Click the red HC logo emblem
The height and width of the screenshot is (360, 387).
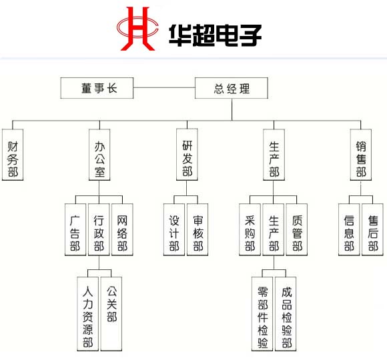pyautogui.click(x=137, y=29)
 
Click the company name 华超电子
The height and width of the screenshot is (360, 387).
pyautogui.click(x=215, y=35)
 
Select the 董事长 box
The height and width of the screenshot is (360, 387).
pyautogui.click(x=97, y=88)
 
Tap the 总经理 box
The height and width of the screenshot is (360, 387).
pyautogui.click(x=232, y=88)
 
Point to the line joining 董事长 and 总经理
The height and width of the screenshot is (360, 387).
pyautogui.click(x=164, y=87)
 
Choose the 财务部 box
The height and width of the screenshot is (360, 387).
pyautogui.click(x=13, y=155)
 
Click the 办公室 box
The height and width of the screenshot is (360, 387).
pyautogui.click(x=99, y=155)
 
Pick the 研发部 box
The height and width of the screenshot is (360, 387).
pyautogui.click(x=187, y=155)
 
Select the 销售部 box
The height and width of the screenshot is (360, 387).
pyautogui.click(x=360, y=155)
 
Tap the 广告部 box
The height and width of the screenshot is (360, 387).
pyautogui.click(x=75, y=229)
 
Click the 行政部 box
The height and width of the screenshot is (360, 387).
pyautogui.click(x=99, y=229)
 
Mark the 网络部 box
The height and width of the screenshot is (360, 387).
pyautogui.click(x=122, y=229)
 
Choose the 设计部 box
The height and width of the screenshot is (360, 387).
pyautogui.click(x=174, y=229)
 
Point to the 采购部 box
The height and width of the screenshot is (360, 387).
pyautogui.click(x=250, y=229)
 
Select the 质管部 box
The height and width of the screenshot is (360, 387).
pyautogui.click(x=297, y=229)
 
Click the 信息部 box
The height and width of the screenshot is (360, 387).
pyautogui.click(x=349, y=229)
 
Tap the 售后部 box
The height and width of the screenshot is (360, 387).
pyautogui.click(x=372, y=229)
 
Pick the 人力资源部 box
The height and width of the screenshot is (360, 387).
pyautogui.click(x=87, y=313)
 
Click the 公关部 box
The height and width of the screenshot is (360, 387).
pyautogui.click(x=111, y=313)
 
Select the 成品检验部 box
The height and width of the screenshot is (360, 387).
pyautogui.click(x=286, y=313)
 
